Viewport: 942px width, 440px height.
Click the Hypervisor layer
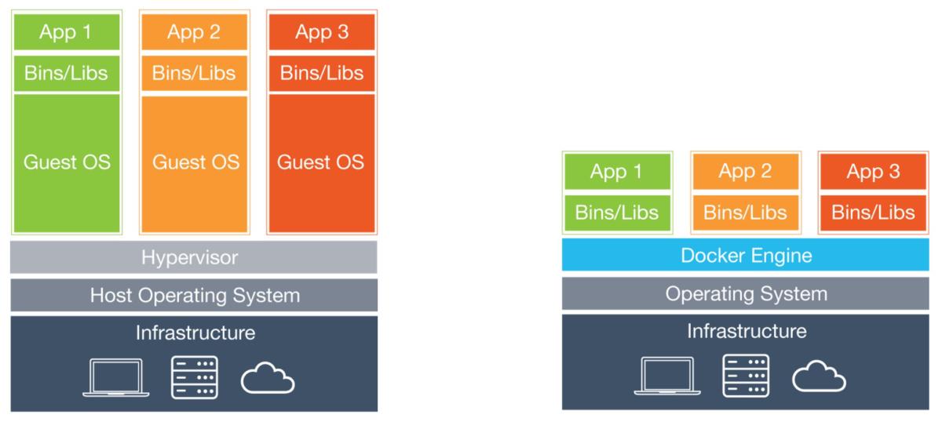tap(193, 257)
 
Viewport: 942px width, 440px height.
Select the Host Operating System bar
tap(193, 295)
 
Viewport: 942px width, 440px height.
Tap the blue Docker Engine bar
tap(746, 256)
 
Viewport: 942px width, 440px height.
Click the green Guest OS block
tap(67, 163)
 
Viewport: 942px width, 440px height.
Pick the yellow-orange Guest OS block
tap(195, 163)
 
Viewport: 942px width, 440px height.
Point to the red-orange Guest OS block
tap(322, 163)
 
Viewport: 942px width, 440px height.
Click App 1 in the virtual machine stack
tap(67, 33)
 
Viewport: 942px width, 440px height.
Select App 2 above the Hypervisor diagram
tap(195, 33)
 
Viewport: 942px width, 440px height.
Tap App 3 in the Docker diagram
tap(873, 172)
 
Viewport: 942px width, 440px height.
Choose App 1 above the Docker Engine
tap(618, 172)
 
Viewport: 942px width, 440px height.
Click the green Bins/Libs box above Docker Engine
tap(618, 212)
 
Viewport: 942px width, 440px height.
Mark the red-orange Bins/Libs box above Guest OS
tap(322, 73)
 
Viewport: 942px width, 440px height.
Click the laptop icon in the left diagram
tap(115, 377)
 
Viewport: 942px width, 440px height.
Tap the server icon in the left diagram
tap(194, 377)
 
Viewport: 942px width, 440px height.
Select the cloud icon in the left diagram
tap(268, 379)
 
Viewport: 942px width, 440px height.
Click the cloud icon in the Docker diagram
tap(819, 377)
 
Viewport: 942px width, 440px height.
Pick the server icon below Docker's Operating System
tap(746, 376)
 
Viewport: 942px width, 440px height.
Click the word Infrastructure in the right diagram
tap(746, 331)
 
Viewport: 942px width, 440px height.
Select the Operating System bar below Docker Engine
tap(746, 294)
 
